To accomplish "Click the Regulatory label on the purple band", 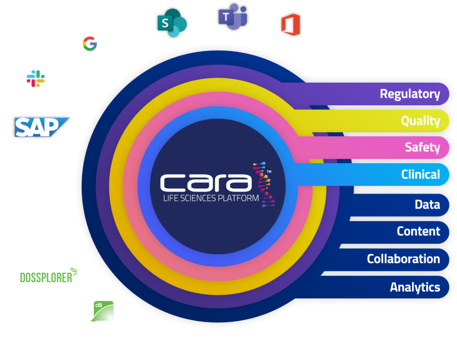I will [x=410, y=94].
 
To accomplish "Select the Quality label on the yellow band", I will [x=420, y=121].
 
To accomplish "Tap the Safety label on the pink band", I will [x=422, y=147].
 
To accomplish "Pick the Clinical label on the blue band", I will [x=420, y=174].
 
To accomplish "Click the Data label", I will [x=427, y=205].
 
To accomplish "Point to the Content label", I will [x=418, y=232].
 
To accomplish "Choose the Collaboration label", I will [x=403, y=259].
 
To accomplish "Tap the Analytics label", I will [x=415, y=287].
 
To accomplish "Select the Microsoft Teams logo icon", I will [x=232, y=18].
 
